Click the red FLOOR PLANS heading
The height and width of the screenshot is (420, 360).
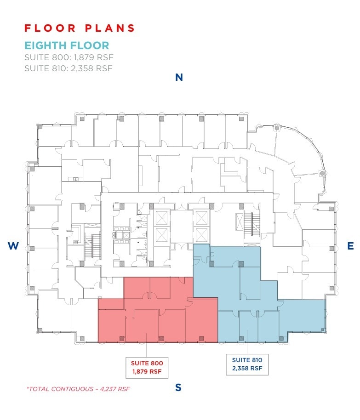click(x=80, y=28)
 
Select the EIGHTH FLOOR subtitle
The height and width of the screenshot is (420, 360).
click(x=67, y=45)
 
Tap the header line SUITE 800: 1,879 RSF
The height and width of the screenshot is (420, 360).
click(x=69, y=57)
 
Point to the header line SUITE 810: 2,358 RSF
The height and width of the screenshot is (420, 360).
click(x=69, y=68)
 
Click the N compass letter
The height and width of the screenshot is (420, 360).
click(x=179, y=78)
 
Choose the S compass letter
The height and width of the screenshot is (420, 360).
click(x=178, y=387)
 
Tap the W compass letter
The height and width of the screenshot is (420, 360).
click(x=13, y=246)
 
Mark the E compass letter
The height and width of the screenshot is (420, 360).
click(x=350, y=246)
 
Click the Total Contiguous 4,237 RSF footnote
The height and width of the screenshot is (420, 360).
click(x=78, y=389)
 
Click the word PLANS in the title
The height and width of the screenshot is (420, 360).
click(x=110, y=28)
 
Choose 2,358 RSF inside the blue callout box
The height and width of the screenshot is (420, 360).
click(x=247, y=368)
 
